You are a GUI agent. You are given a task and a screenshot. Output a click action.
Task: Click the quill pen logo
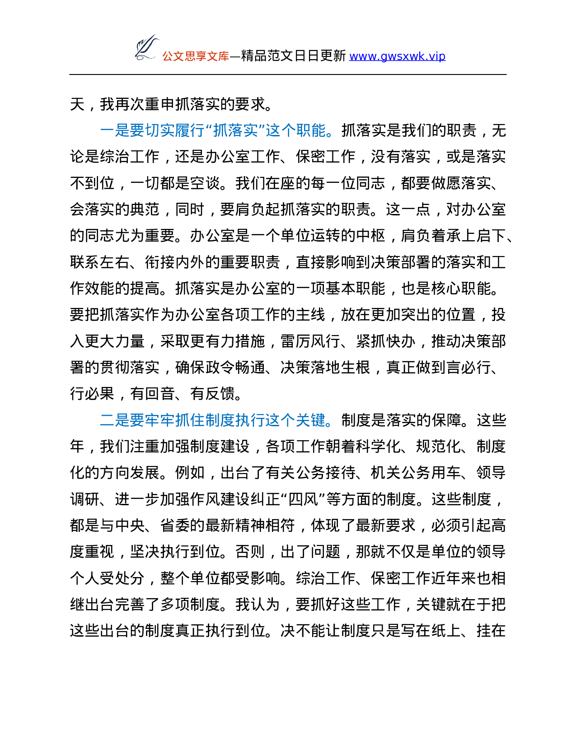point(146,47)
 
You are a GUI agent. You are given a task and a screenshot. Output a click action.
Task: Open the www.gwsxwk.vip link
point(397,56)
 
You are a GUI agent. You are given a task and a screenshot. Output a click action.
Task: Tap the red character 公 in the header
point(168,56)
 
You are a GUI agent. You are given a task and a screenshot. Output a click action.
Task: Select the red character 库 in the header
point(224,56)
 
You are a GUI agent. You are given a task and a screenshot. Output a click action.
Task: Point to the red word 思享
point(196,56)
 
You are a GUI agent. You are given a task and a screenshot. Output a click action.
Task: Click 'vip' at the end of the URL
point(437,56)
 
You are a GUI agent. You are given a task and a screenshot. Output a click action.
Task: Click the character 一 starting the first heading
point(107,131)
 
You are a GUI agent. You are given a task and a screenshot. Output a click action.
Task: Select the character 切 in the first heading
point(152,131)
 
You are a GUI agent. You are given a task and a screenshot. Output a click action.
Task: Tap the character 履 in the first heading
point(182,131)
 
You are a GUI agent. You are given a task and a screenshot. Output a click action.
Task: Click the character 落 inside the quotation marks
point(235,131)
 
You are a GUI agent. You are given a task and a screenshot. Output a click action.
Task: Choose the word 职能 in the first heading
point(311,131)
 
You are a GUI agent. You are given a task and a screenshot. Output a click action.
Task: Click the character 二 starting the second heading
point(107,421)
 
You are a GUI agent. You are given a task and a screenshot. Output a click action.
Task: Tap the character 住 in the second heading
point(197,421)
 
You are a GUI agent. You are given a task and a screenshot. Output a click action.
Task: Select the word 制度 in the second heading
point(220,421)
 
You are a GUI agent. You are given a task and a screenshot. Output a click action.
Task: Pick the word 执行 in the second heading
point(250,421)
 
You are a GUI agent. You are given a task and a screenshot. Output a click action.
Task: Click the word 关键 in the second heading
point(311,421)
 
